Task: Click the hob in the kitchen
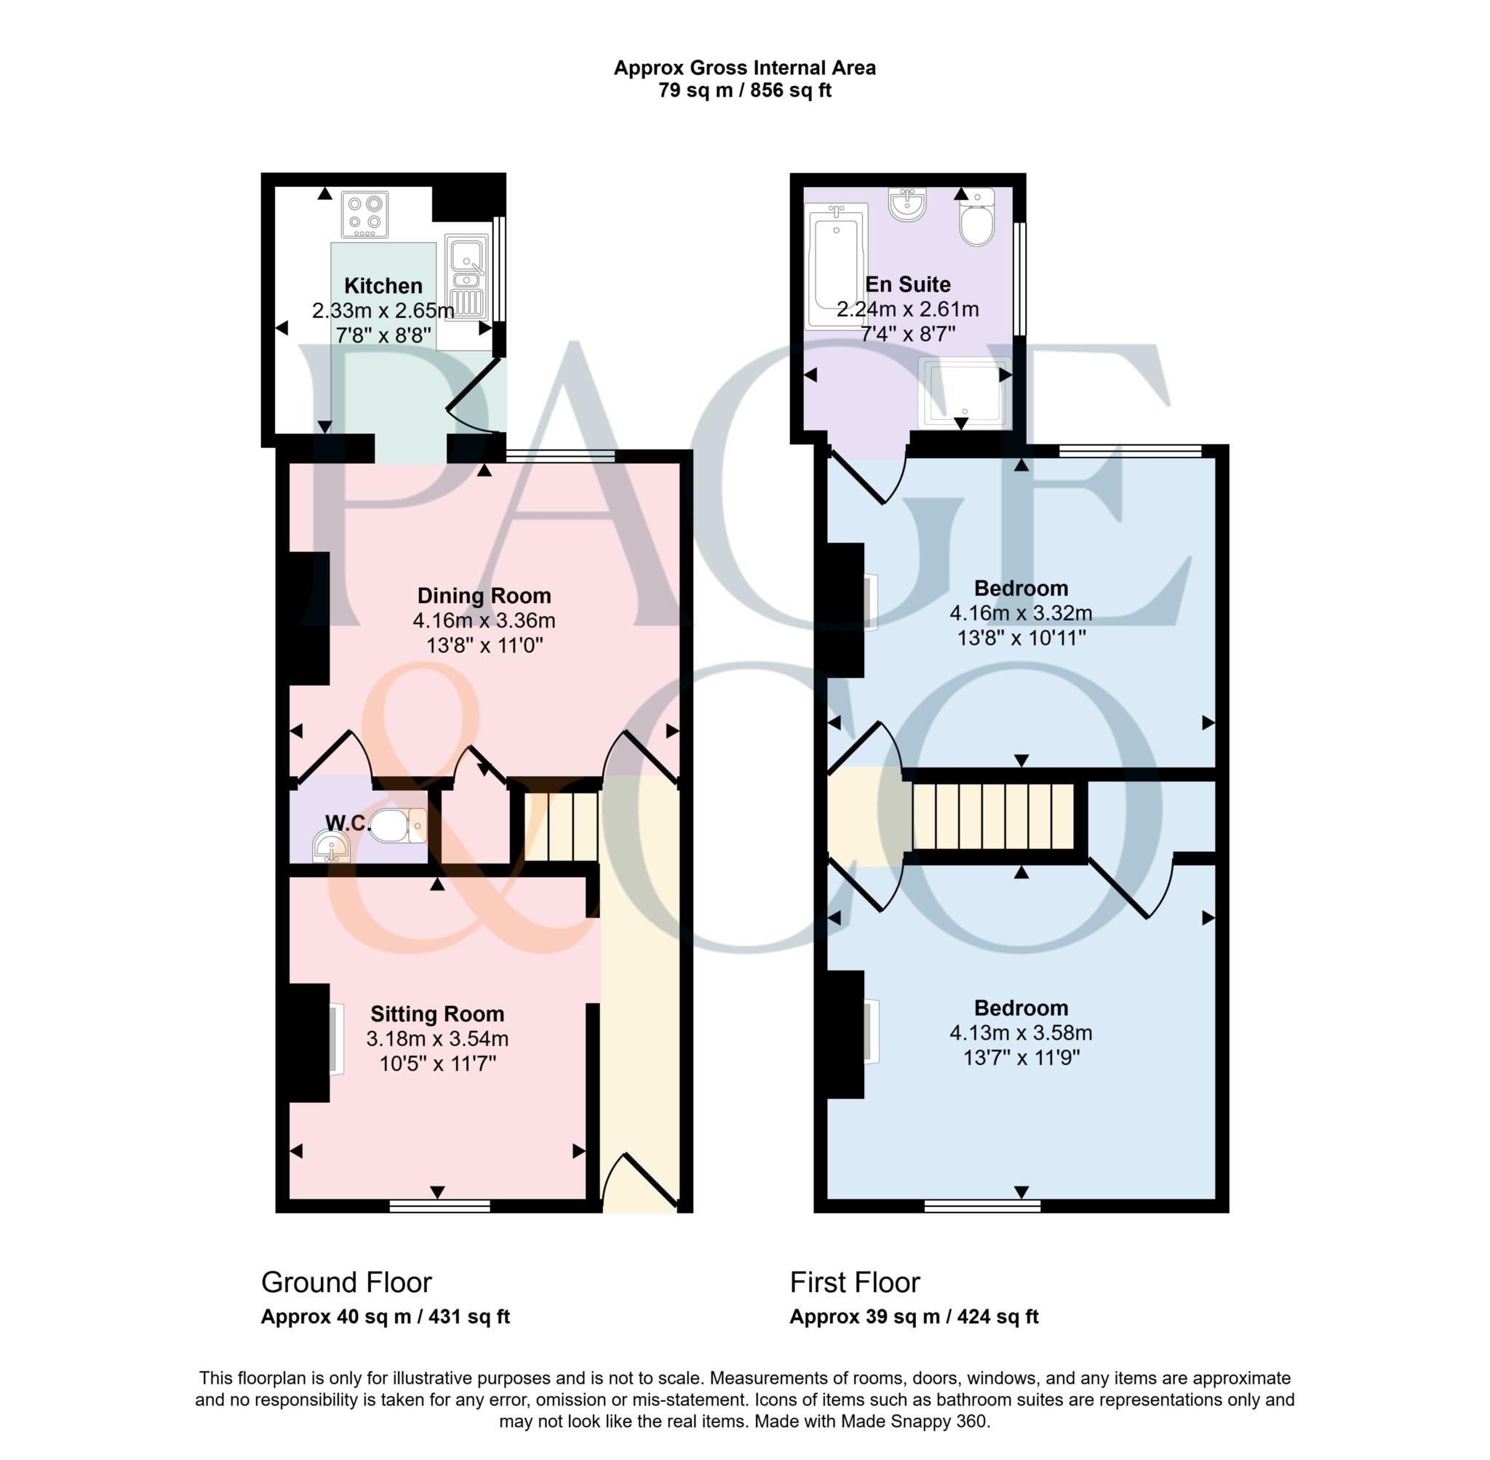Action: tap(365, 215)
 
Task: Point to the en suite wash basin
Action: tap(907, 204)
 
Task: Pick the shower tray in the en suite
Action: tap(964, 392)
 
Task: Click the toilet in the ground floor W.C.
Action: tap(397, 826)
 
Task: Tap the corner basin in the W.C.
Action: tap(331, 849)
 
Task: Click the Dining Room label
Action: tap(484, 596)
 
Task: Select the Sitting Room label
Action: tap(437, 1014)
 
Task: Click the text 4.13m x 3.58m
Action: tap(1021, 1033)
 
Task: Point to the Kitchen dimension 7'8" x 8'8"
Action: tap(383, 335)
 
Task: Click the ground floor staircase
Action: tap(562, 826)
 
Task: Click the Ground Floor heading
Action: tap(346, 1282)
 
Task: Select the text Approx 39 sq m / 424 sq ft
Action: tap(913, 1317)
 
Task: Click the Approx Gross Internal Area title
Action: tap(744, 68)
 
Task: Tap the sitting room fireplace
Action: tap(310, 1042)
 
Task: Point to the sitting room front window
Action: tap(439, 1206)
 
